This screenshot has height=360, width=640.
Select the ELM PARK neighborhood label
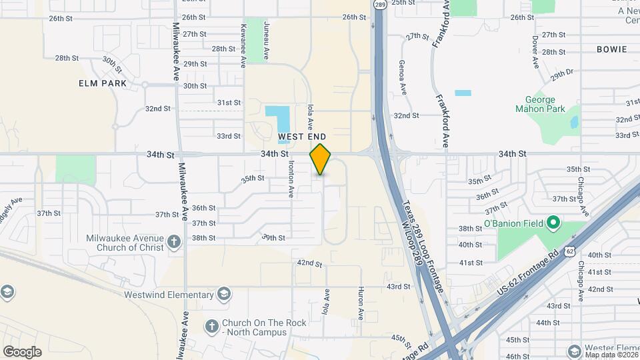pyautogui.click(x=98, y=83)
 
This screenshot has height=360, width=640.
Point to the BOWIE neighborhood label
pyautogui.click(x=612, y=49)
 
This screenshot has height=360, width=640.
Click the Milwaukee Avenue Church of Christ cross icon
pyautogui.click(x=174, y=241)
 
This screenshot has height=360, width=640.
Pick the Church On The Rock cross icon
pyautogui.click(x=212, y=326)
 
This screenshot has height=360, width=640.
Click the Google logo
pyautogui.click(x=22, y=351)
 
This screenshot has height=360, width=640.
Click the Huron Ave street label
pyautogui.click(x=361, y=303)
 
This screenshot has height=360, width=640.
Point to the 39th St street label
pyautogui.click(x=273, y=237)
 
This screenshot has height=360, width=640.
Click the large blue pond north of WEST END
pyautogui.click(x=275, y=119)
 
